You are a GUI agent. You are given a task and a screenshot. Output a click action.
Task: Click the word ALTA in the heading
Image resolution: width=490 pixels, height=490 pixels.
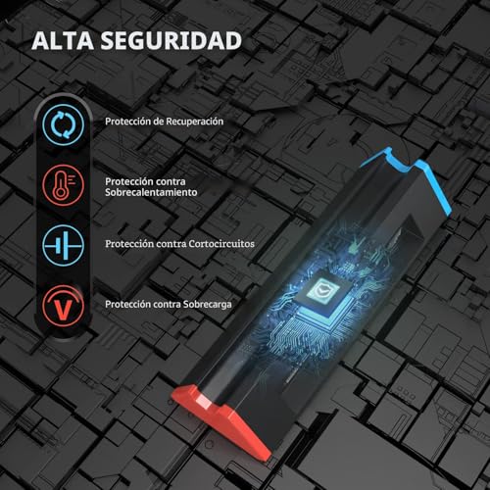coord(63,41)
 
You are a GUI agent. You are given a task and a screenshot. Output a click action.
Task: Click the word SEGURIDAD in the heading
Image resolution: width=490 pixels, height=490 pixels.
coord(171,41)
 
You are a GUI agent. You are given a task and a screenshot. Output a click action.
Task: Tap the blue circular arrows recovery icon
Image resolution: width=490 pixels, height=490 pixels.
coord(63,124)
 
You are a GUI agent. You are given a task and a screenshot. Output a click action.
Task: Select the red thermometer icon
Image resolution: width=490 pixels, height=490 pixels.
coord(63,185)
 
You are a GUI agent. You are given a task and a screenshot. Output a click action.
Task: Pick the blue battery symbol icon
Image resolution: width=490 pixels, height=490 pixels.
coord(63,245)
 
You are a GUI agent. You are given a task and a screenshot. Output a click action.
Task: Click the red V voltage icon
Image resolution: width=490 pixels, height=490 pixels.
coord(63,306)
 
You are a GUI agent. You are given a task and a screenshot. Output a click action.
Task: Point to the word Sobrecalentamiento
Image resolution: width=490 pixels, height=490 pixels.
coord(151,192)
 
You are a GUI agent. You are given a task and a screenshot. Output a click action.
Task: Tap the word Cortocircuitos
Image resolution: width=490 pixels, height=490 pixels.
coord(221,244)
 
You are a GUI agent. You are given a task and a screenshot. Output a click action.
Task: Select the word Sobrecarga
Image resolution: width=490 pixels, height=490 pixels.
coord(208,305)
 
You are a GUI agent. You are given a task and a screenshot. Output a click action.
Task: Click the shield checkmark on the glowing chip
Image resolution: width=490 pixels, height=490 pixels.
coord(322,288)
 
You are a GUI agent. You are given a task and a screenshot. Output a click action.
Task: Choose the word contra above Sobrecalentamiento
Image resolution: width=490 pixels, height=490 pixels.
coord(171,181)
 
